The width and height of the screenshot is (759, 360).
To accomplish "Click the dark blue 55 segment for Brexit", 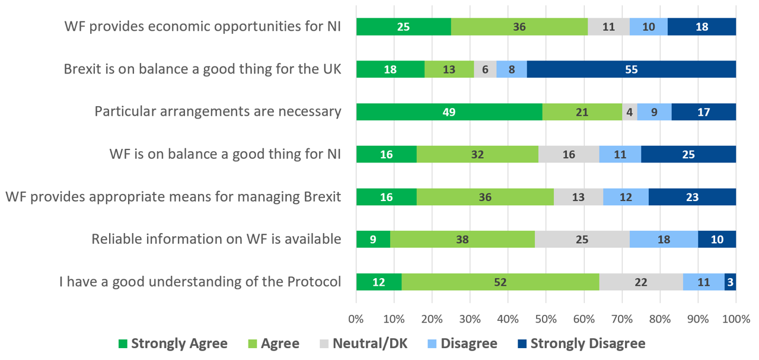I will pos(631,69).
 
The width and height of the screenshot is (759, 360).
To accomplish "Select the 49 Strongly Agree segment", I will pos(449,112).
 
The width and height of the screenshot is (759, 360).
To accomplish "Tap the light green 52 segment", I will pos(500,282).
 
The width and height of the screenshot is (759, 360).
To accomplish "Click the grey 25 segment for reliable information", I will pos(582,240).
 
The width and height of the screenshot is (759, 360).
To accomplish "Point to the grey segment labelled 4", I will pos(629,112).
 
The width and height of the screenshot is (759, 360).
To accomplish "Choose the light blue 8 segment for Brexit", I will pos(511,69).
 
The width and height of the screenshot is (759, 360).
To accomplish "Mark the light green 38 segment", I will pos(463,240).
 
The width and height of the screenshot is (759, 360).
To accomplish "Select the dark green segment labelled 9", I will pos(373,240).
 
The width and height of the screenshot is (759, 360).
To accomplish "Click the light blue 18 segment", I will pos(664,240).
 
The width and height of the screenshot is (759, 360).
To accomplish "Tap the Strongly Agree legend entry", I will pos(173,343).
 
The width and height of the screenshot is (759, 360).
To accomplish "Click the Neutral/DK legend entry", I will pos(363,343).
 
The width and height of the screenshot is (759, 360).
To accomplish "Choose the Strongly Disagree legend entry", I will pos(581,343).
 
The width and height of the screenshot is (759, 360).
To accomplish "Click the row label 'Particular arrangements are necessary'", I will pos(218,111).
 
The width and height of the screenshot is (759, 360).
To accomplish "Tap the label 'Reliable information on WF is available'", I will pos(216,239).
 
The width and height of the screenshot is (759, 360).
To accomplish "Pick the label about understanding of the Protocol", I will pos(200,282).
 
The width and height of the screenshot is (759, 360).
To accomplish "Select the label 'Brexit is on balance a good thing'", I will pos(202,69).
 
